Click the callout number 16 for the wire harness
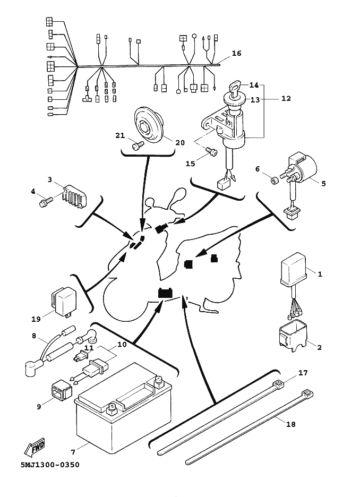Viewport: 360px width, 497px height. click(236, 54)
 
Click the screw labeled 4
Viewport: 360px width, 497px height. click(44, 202)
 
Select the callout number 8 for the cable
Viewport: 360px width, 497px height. click(34, 336)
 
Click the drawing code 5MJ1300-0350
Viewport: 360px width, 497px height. click(50, 465)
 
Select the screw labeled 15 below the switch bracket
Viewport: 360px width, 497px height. click(213, 153)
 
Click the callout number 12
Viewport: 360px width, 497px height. click(286, 99)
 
